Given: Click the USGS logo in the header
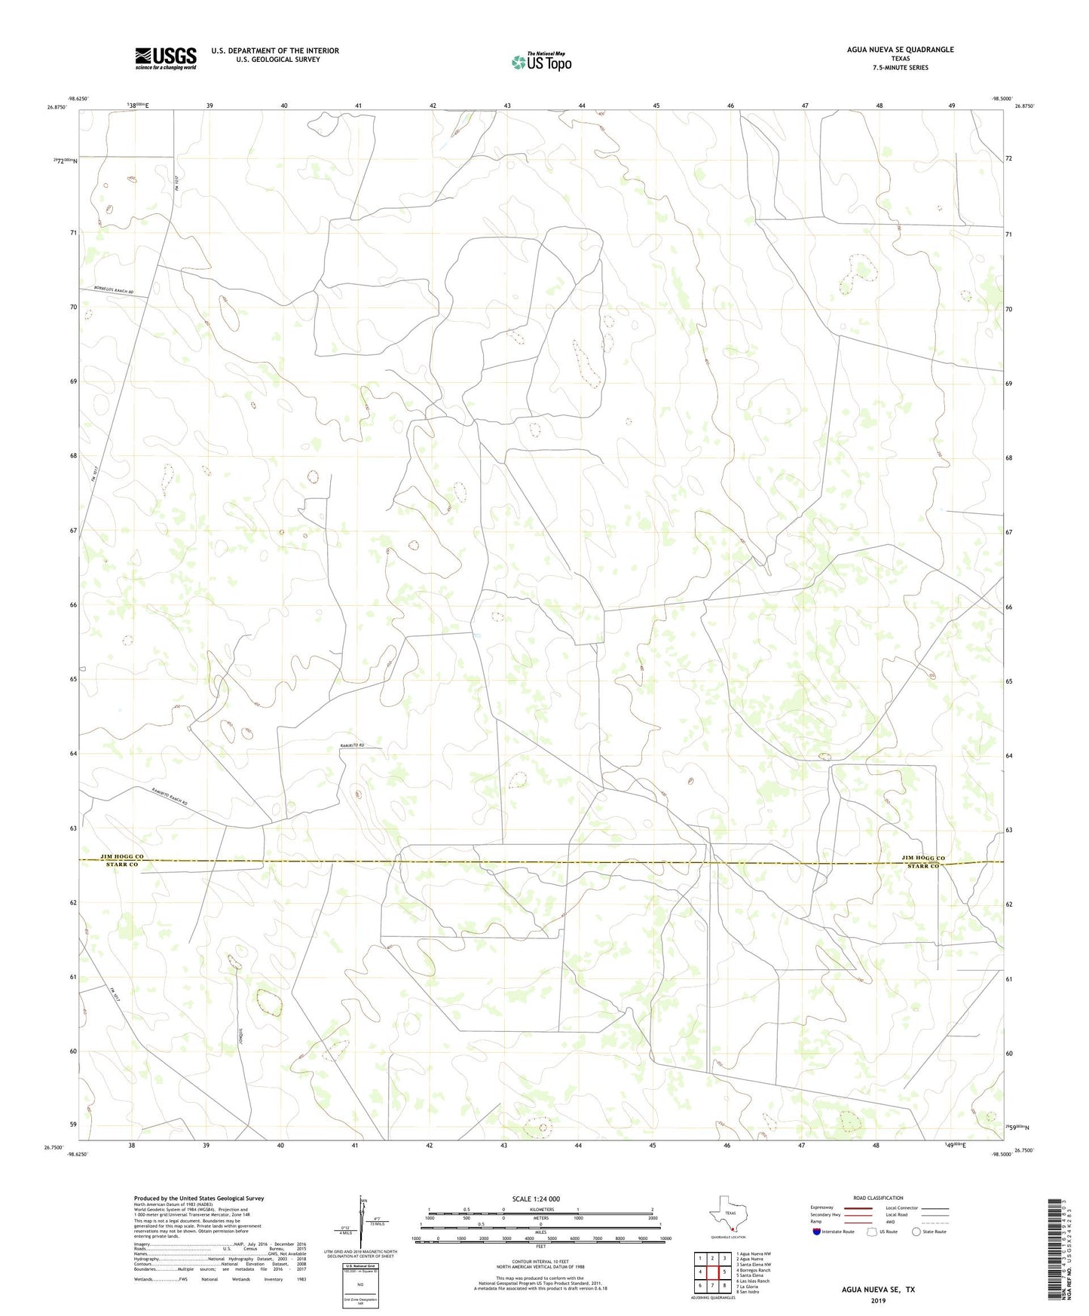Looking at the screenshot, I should pos(166,58).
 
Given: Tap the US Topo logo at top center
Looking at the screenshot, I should pos(540,62).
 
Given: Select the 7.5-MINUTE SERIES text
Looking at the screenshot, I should pos(900,68).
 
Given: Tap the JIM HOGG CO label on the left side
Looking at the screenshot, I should pos(122,857).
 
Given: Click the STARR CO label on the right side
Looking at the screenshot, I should pos(922,867).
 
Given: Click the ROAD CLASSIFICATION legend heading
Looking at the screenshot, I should pos(878,1198).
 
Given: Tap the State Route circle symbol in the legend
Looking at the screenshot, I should pos(916,1232).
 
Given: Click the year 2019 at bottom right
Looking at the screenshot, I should pos(878,1301).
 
